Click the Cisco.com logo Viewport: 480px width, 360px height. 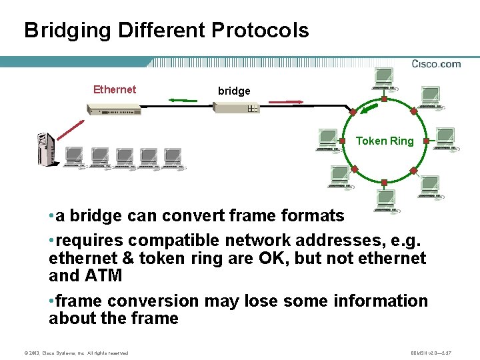click(x=436, y=64)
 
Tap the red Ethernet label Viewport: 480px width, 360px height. click(x=115, y=89)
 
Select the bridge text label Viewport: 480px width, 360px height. click(x=234, y=91)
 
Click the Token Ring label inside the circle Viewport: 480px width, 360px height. click(x=385, y=141)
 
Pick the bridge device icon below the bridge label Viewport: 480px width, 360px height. click(x=233, y=108)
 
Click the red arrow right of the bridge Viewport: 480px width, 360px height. click(x=284, y=103)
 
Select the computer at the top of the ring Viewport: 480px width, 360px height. click(x=384, y=79)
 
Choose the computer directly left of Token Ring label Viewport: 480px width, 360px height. click(x=327, y=141)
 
